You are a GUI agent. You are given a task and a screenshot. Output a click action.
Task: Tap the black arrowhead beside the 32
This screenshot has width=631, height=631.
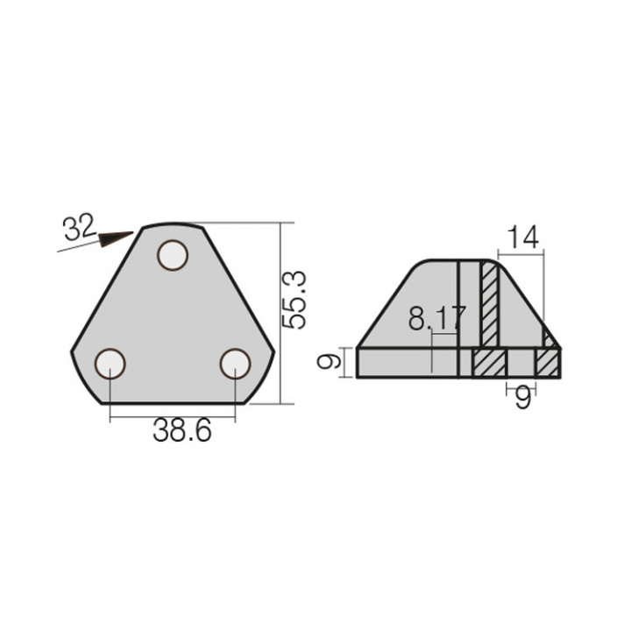click(x=114, y=238)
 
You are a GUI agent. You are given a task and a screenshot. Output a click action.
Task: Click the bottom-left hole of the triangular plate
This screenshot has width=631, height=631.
click(x=110, y=363)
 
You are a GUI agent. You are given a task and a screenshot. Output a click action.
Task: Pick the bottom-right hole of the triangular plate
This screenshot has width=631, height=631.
click(x=235, y=362)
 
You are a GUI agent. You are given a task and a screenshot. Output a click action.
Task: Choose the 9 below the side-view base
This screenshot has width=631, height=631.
click(x=523, y=400)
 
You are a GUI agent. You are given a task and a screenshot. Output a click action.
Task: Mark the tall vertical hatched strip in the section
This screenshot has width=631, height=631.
click(x=489, y=303)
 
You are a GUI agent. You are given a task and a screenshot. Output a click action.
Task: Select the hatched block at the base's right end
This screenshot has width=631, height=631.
click(x=549, y=363)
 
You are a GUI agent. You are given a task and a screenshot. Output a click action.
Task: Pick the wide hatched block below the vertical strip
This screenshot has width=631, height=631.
click(x=490, y=363)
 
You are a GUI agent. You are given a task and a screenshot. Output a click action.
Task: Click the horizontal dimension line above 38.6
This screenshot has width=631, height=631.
click(x=173, y=417)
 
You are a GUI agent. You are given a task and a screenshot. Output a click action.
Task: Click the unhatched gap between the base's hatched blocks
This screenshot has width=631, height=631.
click(x=522, y=363)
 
